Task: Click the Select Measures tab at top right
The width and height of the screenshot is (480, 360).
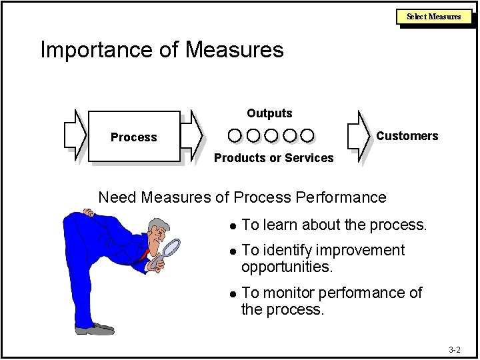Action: click(433, 16)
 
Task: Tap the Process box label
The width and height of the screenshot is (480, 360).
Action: click(133, 137)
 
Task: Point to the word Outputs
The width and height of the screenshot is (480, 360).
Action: click(269, 113)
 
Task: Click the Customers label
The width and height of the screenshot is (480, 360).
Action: click(407, 136)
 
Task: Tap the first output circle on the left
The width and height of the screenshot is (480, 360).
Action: click(235, 136)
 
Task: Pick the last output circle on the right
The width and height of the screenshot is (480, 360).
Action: click(307, 136)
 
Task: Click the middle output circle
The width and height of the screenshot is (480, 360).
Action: click(271, 136)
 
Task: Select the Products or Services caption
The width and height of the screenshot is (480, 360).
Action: click(273, 158)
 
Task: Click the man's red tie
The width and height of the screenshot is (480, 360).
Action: click(145, 254)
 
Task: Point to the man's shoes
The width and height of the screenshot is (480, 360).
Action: click(94, 329)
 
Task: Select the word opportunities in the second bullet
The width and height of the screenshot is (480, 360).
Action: click(287, 267)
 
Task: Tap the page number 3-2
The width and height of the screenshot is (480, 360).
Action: click(454, 349)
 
